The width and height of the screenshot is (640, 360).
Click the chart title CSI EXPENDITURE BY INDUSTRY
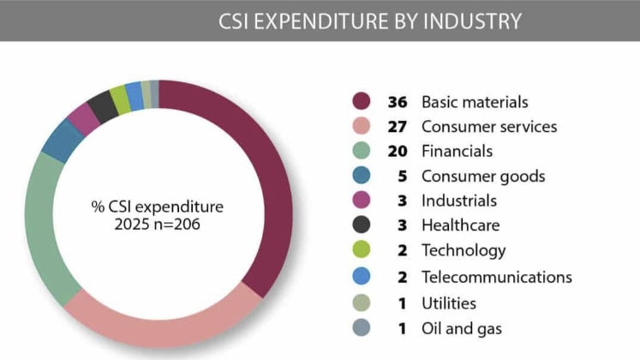point(369,21)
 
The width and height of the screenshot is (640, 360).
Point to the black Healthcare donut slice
point(103,105)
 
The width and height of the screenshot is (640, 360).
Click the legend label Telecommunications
point(496,277)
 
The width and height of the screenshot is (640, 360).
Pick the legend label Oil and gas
point(461,327)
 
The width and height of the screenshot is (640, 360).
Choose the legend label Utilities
point(448,302)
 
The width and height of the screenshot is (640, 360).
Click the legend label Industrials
point(458,201)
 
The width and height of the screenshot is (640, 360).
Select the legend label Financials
point(457,152)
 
